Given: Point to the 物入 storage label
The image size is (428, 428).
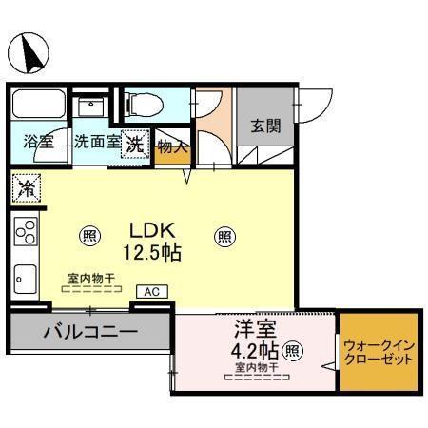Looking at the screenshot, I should pyautogui.click(x=173, y=146).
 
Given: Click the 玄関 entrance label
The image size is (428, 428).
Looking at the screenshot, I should pyautogui.click(x=266, y=127).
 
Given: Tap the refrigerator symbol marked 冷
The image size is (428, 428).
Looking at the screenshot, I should pyautogui.click(x=26, y=188).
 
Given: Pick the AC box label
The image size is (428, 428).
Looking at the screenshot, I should pyautogui.click(x=150, y=292).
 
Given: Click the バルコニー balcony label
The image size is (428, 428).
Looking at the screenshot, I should pyautogui.click(x=90, y=333).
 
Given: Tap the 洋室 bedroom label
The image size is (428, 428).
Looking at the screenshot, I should pyautogui.click(x=256, y=330).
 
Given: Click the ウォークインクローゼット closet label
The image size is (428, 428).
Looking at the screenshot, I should pyautogui.click(x=378, y=353).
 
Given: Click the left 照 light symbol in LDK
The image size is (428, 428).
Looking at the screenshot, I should pyautogui.click(x=88, y=236).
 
